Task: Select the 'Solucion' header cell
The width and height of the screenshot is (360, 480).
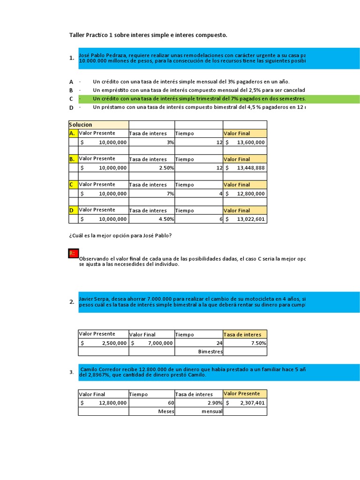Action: pos(81,125)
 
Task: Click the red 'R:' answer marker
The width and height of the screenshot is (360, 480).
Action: pos(73,254)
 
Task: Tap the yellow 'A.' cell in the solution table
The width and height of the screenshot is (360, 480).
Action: pos(72,133)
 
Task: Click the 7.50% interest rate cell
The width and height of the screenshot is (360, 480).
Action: pos(258,343)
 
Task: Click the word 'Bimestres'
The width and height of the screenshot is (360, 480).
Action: pos(210,352)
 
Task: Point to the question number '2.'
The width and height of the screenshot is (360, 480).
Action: pos(72,302)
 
